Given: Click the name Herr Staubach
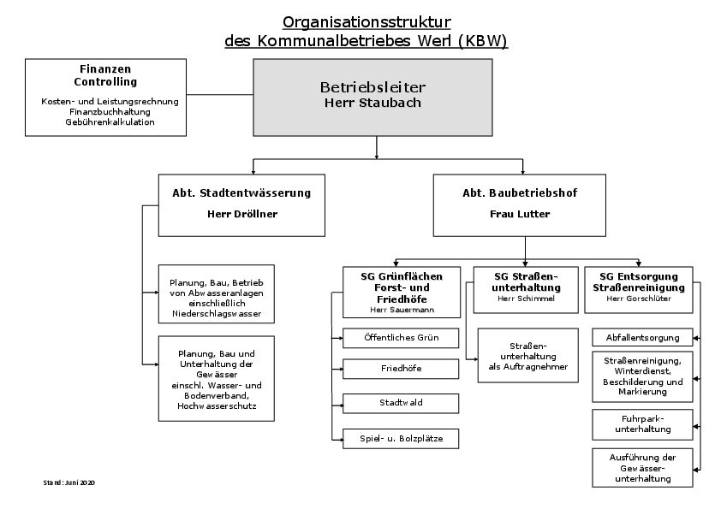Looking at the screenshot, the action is (x=372, y=103).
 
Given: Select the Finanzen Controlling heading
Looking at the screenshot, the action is (x=105, y=75).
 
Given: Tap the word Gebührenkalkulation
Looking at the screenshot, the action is (x=110, y=122).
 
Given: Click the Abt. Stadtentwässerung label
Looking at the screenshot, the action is (x=241, y=193).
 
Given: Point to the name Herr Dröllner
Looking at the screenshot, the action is (x=242, y=214).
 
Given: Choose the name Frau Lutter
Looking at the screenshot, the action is (x=520, y=214).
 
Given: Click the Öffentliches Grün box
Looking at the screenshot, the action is (x=401, y=338).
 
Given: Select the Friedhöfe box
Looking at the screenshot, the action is (x=401, y=369).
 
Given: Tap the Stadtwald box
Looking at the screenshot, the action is (x=401, y=403).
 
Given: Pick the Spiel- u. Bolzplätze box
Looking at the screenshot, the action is (x=401, y=439).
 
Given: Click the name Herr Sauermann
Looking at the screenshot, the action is (x=402, y=310).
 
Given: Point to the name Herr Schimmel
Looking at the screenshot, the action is (x=526, y=299).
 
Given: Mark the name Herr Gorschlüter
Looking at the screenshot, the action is (x=639, y=299).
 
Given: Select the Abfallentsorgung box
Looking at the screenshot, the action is (x=642, y=337).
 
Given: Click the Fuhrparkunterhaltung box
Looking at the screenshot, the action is (x=642, y=424).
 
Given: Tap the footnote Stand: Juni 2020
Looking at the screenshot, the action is (x=69, y=482).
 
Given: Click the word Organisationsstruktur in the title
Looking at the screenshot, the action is (x=366, y=22).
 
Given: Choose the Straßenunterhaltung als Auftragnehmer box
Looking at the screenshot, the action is (x=527, y=356).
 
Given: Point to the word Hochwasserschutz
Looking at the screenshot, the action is (x=217, y=406).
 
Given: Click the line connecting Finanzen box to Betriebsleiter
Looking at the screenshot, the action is (x=220, y=95).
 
